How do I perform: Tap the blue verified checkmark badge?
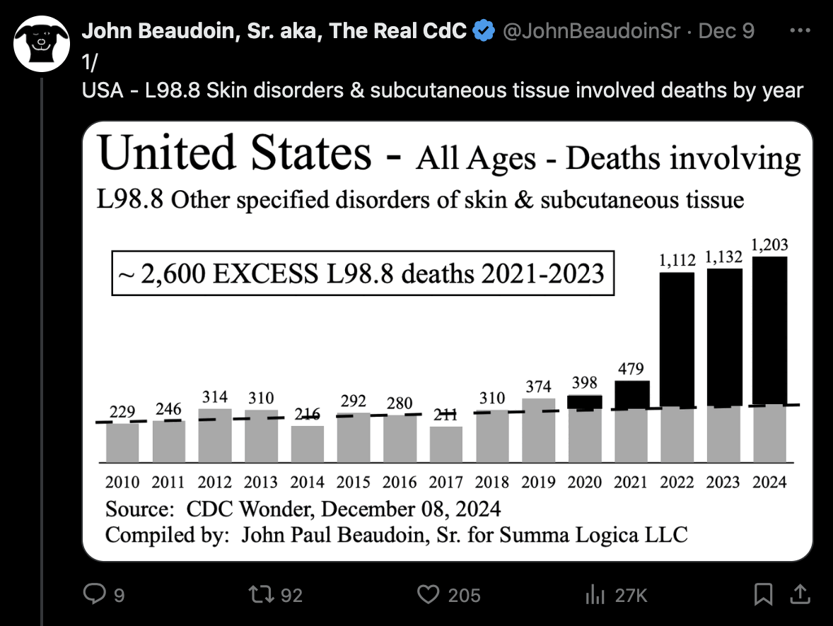(483, 31)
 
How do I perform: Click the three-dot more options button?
(799, 31)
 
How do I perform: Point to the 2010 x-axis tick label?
(122, 483)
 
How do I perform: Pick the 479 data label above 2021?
(631, 369)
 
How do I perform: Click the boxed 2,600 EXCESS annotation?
(362, 273)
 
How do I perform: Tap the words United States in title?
(235, 153)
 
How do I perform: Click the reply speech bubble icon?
(95, 595)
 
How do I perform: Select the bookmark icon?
(763, 595)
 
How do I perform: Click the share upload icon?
(800, 595)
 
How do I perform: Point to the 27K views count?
(631, 596)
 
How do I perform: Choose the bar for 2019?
(539, 430)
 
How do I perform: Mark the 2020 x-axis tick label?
(584, 483)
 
